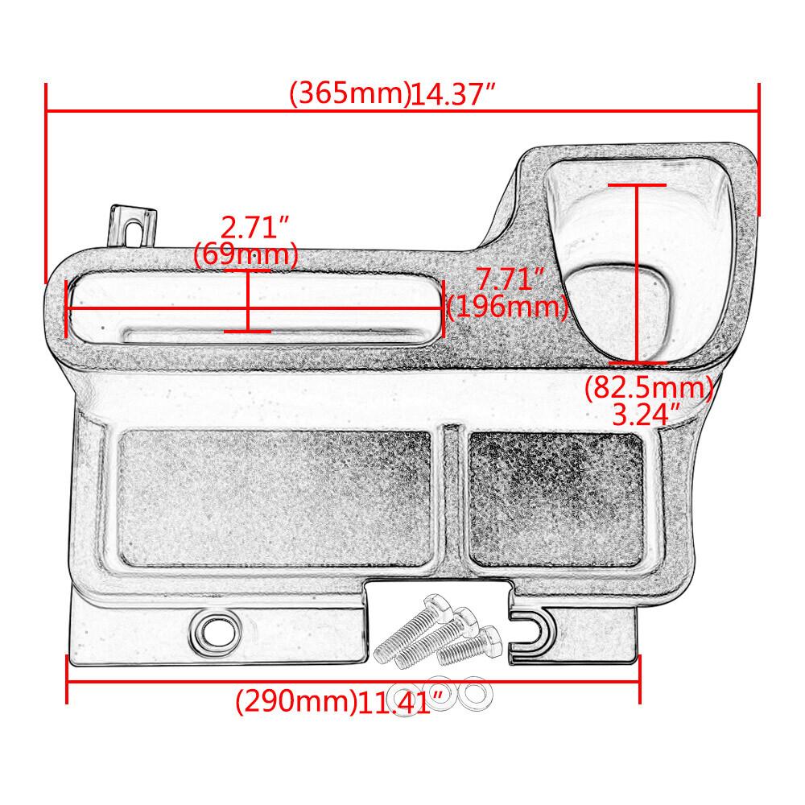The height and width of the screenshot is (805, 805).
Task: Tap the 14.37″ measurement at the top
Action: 452,95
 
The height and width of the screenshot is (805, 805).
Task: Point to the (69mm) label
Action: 246,256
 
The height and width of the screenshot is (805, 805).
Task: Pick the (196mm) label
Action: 507,307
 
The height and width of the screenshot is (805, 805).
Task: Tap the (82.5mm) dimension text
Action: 649,389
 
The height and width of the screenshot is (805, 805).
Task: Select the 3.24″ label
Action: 647,415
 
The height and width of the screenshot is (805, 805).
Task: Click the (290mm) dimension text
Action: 295,703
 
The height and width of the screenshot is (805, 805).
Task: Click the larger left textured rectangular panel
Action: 275,497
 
